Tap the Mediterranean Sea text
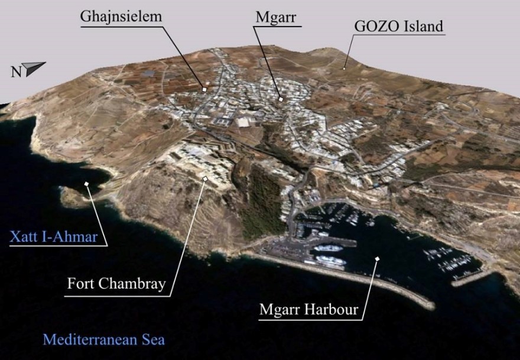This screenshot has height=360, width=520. point(103,340)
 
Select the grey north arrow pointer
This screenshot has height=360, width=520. point(35,67)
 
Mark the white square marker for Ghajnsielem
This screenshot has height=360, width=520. point(204,89)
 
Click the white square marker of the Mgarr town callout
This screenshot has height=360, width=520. point(281,99)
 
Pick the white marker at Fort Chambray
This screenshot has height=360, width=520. point(205,178)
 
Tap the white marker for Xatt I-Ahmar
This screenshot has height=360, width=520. point(87,184)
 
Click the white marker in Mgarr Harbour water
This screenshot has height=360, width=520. point(376,258)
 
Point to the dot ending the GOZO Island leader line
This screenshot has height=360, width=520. point(344,68)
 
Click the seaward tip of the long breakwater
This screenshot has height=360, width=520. point(430,306)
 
